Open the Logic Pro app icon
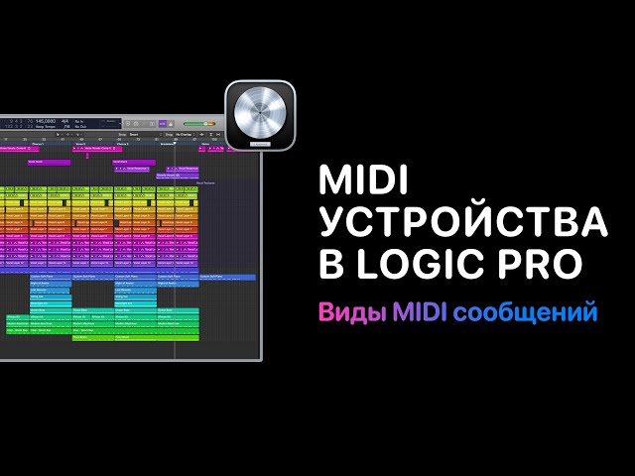pos(261,114)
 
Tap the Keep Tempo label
pos(45,126)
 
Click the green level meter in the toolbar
pos(197,124)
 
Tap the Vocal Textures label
pos(205,182)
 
